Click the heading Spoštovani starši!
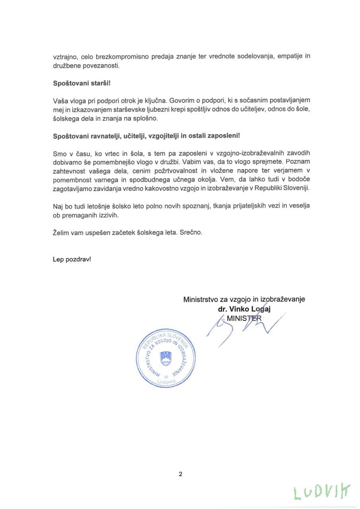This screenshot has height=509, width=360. tap(78, 84)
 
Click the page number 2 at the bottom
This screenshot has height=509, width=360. tap(180, 474)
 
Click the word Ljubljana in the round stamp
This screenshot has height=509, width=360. tap(166, 381)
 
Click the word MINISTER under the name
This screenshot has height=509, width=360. tap(244, 318)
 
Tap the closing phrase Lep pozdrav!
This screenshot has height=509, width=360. tap(72, 259)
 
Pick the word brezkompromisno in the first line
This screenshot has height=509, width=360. tap(119, 56)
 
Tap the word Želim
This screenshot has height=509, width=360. tap(61, 232)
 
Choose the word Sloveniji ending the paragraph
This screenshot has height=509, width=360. tap(296, 188)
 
